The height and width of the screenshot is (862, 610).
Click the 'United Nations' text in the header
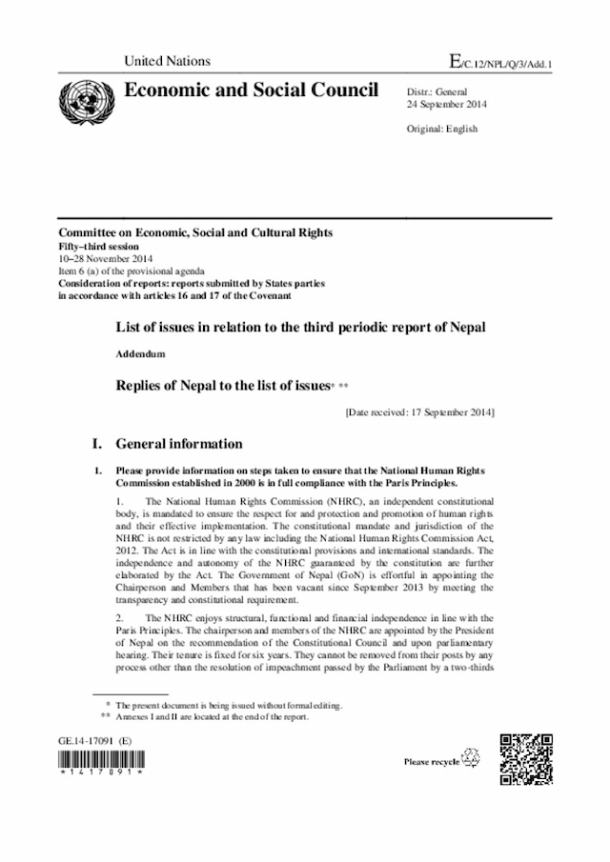[167, 61]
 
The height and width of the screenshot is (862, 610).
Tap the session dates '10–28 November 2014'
[104, 258]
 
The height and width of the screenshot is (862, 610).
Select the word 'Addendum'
[142, 353]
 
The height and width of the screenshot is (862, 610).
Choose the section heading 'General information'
[178, 444]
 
